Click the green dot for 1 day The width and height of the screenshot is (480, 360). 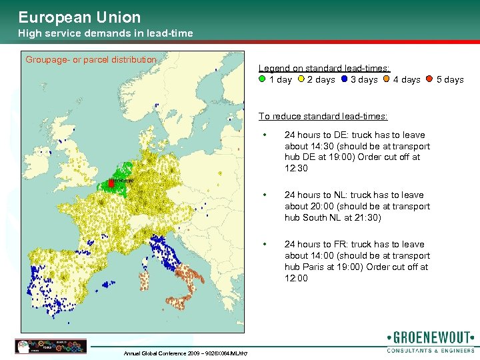[262, 79]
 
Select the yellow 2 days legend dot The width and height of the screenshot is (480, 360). [301, 79]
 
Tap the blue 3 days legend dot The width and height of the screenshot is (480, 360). [344, 79]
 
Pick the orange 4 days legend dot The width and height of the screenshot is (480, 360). [387, 79]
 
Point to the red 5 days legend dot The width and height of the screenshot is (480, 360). [430, 79]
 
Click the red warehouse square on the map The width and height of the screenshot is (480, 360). [111, 182]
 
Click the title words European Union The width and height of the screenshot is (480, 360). [79, 17]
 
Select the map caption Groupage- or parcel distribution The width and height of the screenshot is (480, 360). [91, 60]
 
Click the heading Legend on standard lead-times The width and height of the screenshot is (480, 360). [324, 68]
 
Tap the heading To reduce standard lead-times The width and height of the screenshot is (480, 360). [323, 116]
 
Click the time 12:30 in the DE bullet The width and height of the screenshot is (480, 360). [296, 169]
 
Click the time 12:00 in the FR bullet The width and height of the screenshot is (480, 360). [296, 278]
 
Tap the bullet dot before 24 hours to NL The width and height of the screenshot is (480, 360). [265, 195]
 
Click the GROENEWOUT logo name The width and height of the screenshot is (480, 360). [430, 337]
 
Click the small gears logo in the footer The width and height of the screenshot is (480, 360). [50, 346]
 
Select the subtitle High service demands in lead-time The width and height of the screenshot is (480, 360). [105, 33]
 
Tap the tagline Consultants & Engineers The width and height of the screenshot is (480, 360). [430, 350]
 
